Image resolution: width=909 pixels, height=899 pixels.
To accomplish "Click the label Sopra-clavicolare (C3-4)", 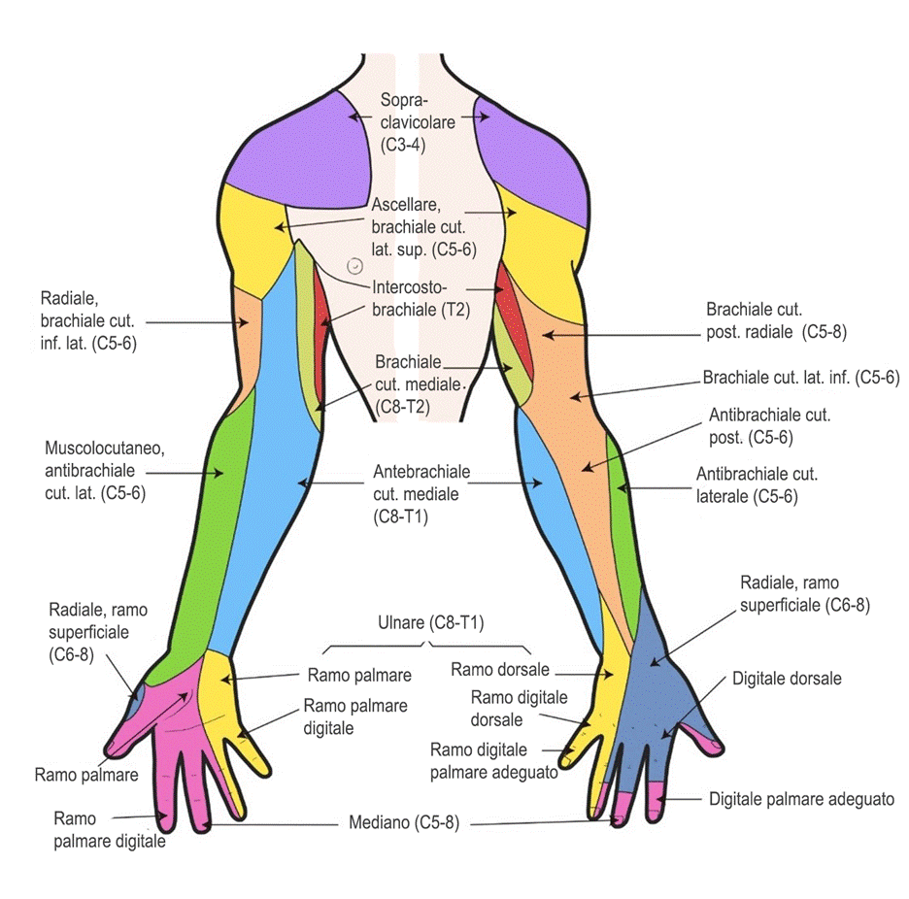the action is click(x=418, y=122).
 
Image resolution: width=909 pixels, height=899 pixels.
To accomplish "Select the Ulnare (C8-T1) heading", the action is click(x=431, y=622).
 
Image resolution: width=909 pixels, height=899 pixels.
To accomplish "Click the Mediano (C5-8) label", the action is click(x=403, y=822).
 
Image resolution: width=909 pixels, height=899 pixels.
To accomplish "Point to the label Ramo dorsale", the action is click(x=500, y=670).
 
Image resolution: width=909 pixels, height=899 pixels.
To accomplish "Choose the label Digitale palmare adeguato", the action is click(x=801, y=799).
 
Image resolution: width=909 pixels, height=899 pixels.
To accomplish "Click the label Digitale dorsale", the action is click(x=787, y=679).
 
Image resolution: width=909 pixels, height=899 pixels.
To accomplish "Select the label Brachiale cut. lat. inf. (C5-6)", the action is click(x=801, y=378).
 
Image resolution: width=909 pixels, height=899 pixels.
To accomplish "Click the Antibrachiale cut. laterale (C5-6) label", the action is click(x=757, y=485).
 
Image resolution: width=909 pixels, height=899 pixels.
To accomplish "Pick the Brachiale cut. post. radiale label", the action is click(x=776, y=320).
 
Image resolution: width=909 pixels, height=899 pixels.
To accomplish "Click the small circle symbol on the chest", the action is click(x=354, y=266).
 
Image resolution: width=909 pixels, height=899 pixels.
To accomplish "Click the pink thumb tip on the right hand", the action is click(x=705, y=739).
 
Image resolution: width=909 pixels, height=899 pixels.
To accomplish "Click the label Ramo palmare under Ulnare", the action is click(x=359, y=676).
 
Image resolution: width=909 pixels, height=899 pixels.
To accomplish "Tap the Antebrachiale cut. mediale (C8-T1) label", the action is click(x=421, y=494).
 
